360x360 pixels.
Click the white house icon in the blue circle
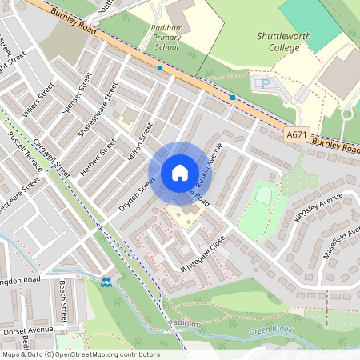pos(180,172)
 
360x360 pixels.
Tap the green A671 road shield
pos(295,137)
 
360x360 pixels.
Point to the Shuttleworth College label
pos(278,42)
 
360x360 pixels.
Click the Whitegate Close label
pos(202,254)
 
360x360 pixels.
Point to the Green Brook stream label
pos(271,330)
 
